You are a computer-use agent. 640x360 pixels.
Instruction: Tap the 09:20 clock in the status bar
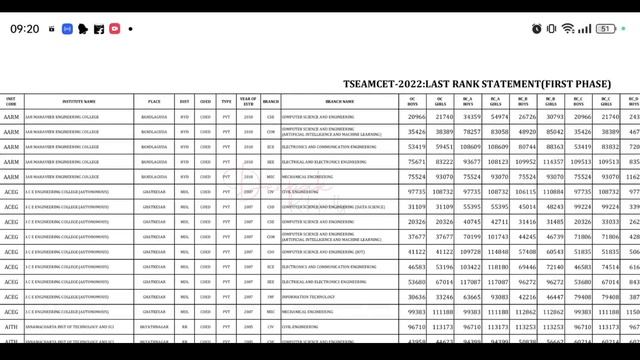pyautogui.click(x=25, y=29)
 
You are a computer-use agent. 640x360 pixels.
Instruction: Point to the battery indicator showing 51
pyautogui.click(x=605, y=29)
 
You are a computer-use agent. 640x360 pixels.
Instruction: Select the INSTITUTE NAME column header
pyautogui.click(x=75, y=101)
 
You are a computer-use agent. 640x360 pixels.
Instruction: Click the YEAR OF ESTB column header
pyautogui.click(x=249, y=101)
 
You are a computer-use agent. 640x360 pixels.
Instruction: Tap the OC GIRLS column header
pyautogui.click(x=444, y=101)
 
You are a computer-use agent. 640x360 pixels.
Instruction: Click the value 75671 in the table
pyautogui.click(x=417, y=161)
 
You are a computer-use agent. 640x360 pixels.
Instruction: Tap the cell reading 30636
pyautogui.click(x=417, y=297)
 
